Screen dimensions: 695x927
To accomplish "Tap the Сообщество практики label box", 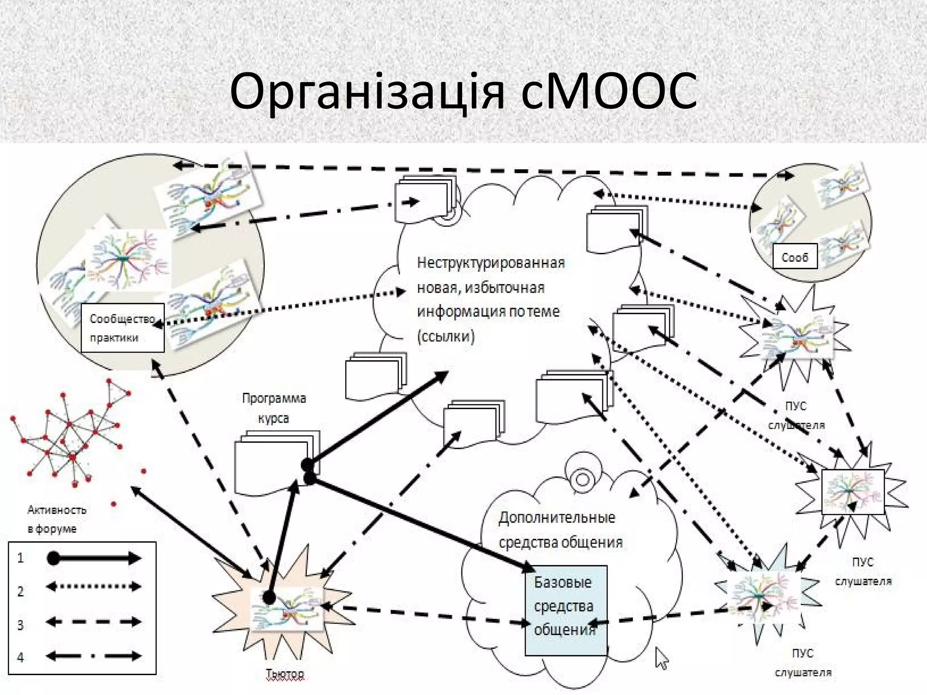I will click(122, 328).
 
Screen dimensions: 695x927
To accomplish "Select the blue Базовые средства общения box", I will click(565, 609).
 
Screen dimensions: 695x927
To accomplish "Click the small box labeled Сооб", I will click(794, 257).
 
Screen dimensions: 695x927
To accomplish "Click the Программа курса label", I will click(274, 408).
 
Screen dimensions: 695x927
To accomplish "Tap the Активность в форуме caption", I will click(57, 519).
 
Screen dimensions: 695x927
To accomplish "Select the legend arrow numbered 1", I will click(94, 558).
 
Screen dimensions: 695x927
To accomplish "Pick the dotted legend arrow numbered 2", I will click(94, 587).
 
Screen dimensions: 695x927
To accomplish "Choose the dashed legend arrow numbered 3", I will click(94, 622).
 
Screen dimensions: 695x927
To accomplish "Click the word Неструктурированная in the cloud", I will click(491, 263).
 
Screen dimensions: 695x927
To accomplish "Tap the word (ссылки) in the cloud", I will click(446, 337).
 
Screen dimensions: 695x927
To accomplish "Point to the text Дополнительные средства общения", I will click(560, 529).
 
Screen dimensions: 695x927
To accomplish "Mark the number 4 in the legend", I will click(20, 657).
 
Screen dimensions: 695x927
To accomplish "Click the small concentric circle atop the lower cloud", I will click(582, 479).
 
